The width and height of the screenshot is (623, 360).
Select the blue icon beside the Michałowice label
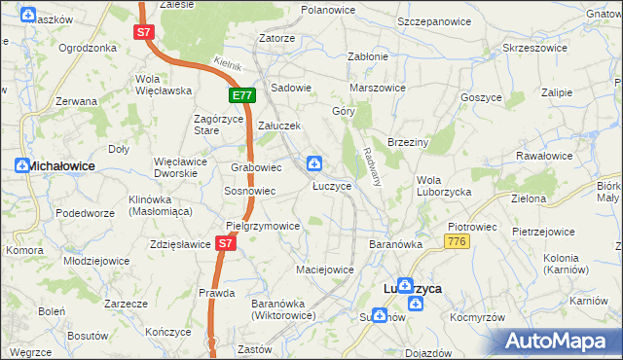tap(21, 165)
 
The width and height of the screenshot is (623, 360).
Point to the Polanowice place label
tap(327, 9)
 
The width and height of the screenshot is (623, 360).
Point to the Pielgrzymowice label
tap(263, 226)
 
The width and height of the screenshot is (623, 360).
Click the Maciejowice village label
tap(325, 269)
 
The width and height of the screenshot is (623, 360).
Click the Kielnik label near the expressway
tap(226, 64)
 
